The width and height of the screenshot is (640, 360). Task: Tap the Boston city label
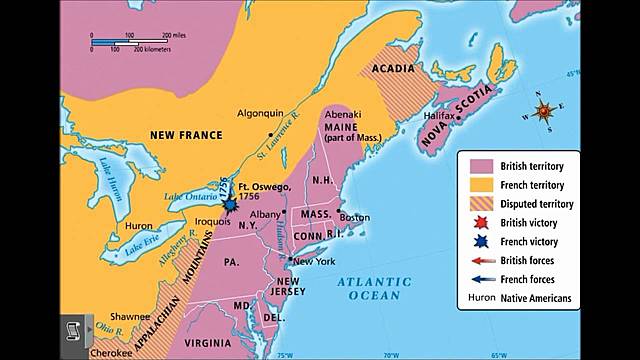coord(355,217)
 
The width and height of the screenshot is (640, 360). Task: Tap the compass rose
coord(544,112)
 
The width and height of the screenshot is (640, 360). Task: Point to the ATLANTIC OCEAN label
coord(369,289)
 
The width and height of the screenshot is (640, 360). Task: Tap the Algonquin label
coord(261,114)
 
